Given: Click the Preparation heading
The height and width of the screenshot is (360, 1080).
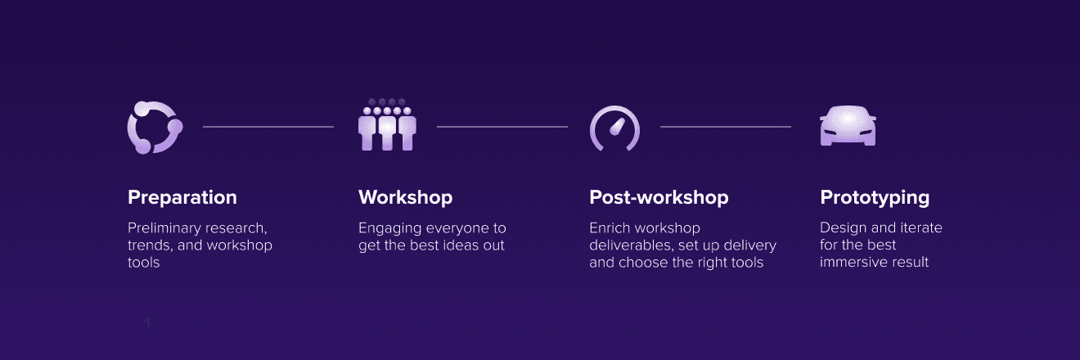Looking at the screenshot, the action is click(x=182, y=198).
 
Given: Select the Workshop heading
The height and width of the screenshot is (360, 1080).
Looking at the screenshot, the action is click(x=406, y=197).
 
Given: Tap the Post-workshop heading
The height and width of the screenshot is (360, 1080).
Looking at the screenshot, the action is click(x=659, y=197).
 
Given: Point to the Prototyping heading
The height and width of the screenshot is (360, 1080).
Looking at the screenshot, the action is click(x=875, y=198).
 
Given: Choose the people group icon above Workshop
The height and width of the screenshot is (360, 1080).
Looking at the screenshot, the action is click(x=387, y=125).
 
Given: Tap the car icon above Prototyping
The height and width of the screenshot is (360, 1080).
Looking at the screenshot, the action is click(x=848, y=126).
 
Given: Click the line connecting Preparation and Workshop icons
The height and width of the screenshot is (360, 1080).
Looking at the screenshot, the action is click(x=268, y=127).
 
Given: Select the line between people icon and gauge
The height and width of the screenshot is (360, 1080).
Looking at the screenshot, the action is click(x=502, y=127).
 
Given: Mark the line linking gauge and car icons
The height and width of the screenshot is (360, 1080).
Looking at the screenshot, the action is click(x=726, y=127).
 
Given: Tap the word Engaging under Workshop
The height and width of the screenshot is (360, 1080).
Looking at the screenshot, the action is click(x=390, y=229).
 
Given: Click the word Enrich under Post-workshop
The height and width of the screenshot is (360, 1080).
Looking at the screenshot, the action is click(x=610, y=228).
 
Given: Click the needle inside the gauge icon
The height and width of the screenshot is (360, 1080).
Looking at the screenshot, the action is click(x=617, y=127).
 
